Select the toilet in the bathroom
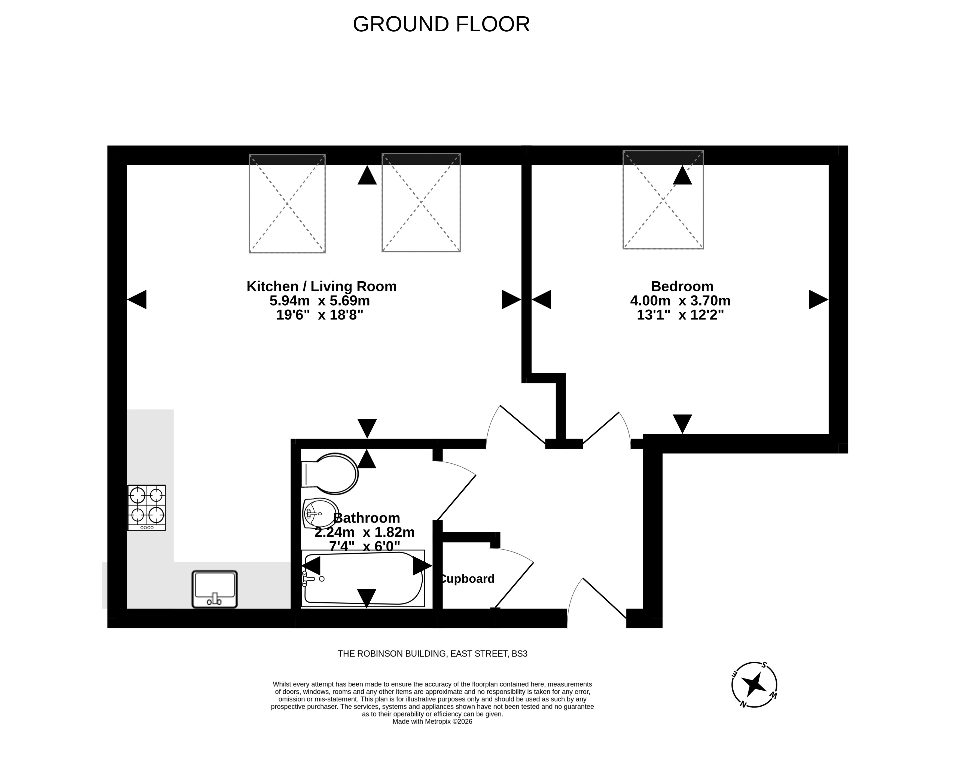[329, 474]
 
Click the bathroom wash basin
[321, 514]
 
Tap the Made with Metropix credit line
[432, 721]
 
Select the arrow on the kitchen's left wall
[137, 299]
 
